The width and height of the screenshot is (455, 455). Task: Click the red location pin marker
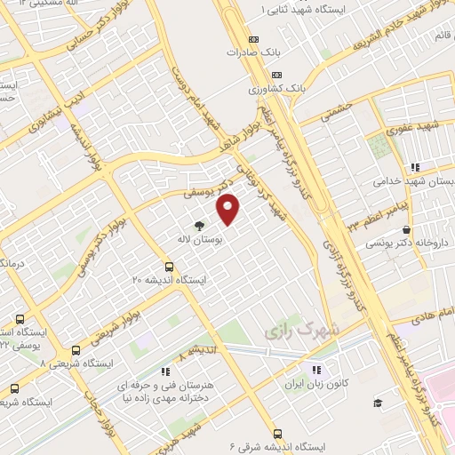229,209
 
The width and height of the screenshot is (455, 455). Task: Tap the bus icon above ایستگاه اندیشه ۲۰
169,267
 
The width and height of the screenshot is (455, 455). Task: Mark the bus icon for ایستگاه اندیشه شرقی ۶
277,434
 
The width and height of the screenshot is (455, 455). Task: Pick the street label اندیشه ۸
198,354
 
